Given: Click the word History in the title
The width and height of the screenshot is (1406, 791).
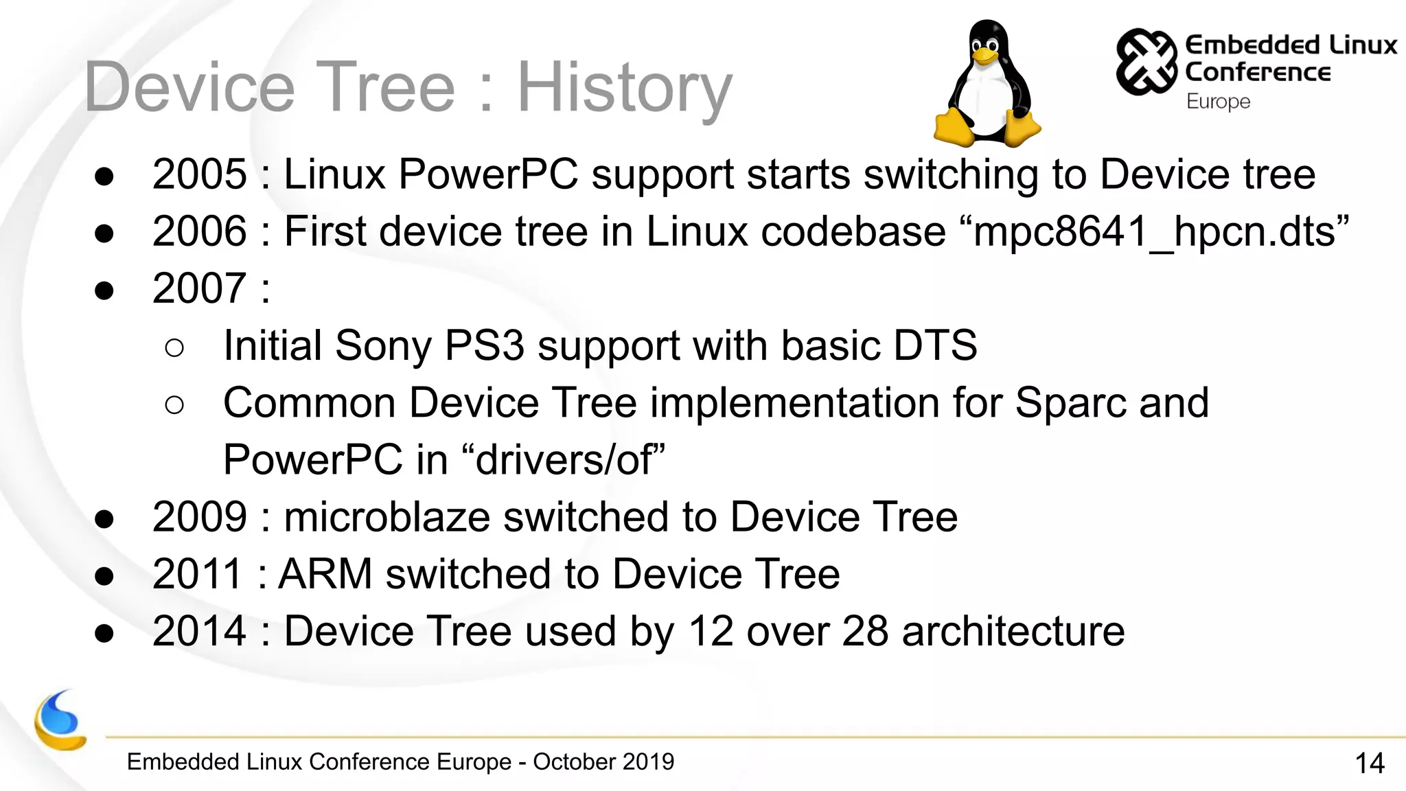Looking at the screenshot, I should pos(624,88).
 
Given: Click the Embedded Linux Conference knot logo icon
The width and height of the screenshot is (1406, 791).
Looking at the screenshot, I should pos(1146,62).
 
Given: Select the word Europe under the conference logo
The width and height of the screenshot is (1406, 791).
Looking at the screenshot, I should pos(1218,102).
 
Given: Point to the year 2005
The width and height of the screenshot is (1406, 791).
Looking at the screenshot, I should pos(199,174).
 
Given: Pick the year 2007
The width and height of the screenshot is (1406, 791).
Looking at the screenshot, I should pos(199,288).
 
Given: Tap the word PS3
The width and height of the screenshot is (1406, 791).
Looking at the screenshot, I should pos(484,345).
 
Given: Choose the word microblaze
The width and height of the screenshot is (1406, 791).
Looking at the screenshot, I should pos(387,517).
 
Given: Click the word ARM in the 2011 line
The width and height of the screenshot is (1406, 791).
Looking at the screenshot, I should pos(325,574).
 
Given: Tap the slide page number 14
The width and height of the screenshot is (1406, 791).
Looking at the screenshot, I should pos(1369,763).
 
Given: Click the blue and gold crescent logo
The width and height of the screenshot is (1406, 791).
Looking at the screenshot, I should pos(60,721).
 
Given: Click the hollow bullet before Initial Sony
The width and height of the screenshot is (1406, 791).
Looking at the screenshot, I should pos(174,348).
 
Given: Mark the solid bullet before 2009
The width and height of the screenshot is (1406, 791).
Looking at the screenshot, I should pos(104,519).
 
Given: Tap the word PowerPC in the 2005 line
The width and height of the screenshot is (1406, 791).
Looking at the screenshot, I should pos(488,174).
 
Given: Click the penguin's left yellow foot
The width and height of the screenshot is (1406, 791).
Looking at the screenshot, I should pos(954,128).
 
